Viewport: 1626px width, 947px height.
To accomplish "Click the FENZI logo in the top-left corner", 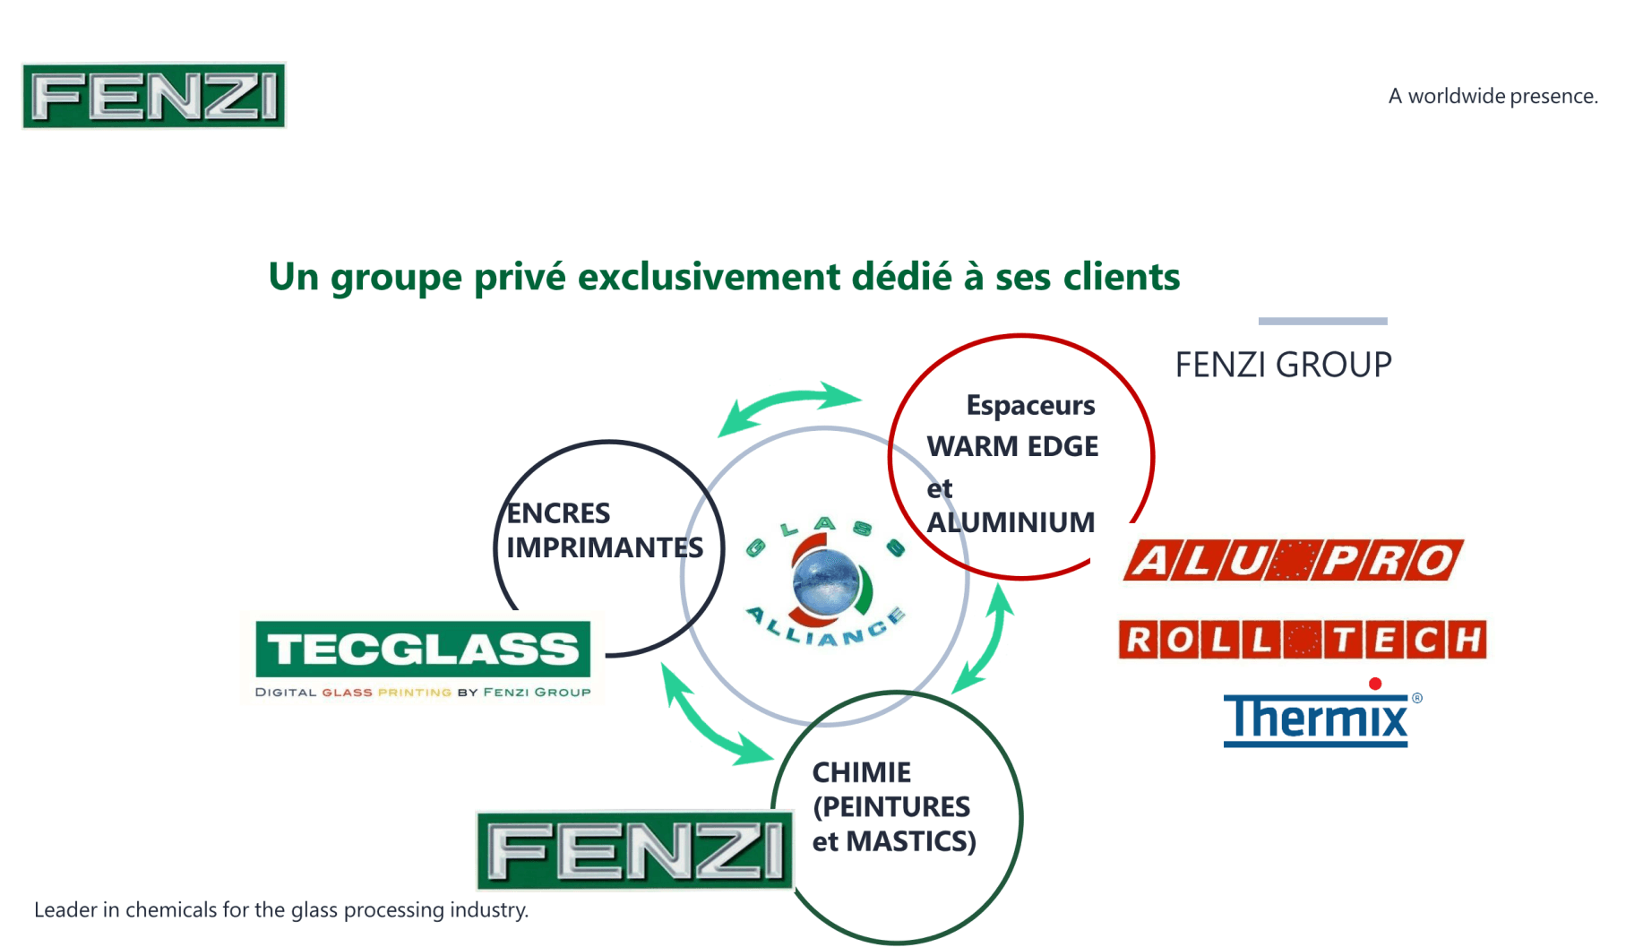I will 154,96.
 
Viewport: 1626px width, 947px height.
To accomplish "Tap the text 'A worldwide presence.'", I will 1493,97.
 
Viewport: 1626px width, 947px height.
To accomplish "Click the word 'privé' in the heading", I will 520,278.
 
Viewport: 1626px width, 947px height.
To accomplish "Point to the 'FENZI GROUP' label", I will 1283,365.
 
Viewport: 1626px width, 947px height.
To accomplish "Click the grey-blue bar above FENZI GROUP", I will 1322,321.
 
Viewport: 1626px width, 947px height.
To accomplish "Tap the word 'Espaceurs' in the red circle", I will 1030,406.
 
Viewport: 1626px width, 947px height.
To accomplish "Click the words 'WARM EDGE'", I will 1012,446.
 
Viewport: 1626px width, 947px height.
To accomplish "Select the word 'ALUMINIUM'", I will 1011,522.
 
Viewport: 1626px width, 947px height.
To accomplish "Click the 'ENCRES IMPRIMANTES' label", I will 604,530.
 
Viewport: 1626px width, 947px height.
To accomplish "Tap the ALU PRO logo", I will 1293,561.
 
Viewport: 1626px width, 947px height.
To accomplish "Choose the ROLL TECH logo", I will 1302,640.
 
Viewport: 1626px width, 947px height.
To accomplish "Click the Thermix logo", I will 1315,719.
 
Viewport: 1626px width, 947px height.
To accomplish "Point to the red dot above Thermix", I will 1375,684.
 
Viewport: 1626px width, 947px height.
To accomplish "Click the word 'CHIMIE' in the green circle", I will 861,772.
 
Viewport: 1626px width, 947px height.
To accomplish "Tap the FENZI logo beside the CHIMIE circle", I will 634,850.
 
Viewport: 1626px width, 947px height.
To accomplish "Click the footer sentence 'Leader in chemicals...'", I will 281,910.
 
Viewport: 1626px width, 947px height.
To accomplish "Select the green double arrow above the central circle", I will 789,407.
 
